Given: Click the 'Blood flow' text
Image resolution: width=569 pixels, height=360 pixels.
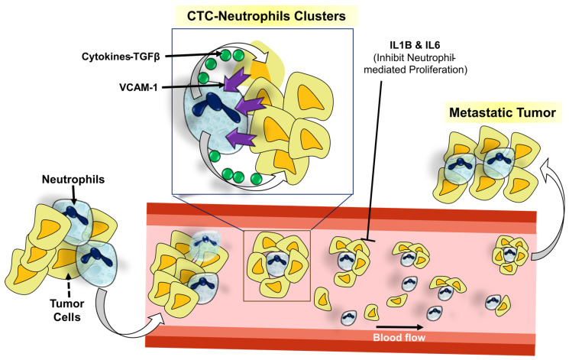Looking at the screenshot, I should pos(402,334).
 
